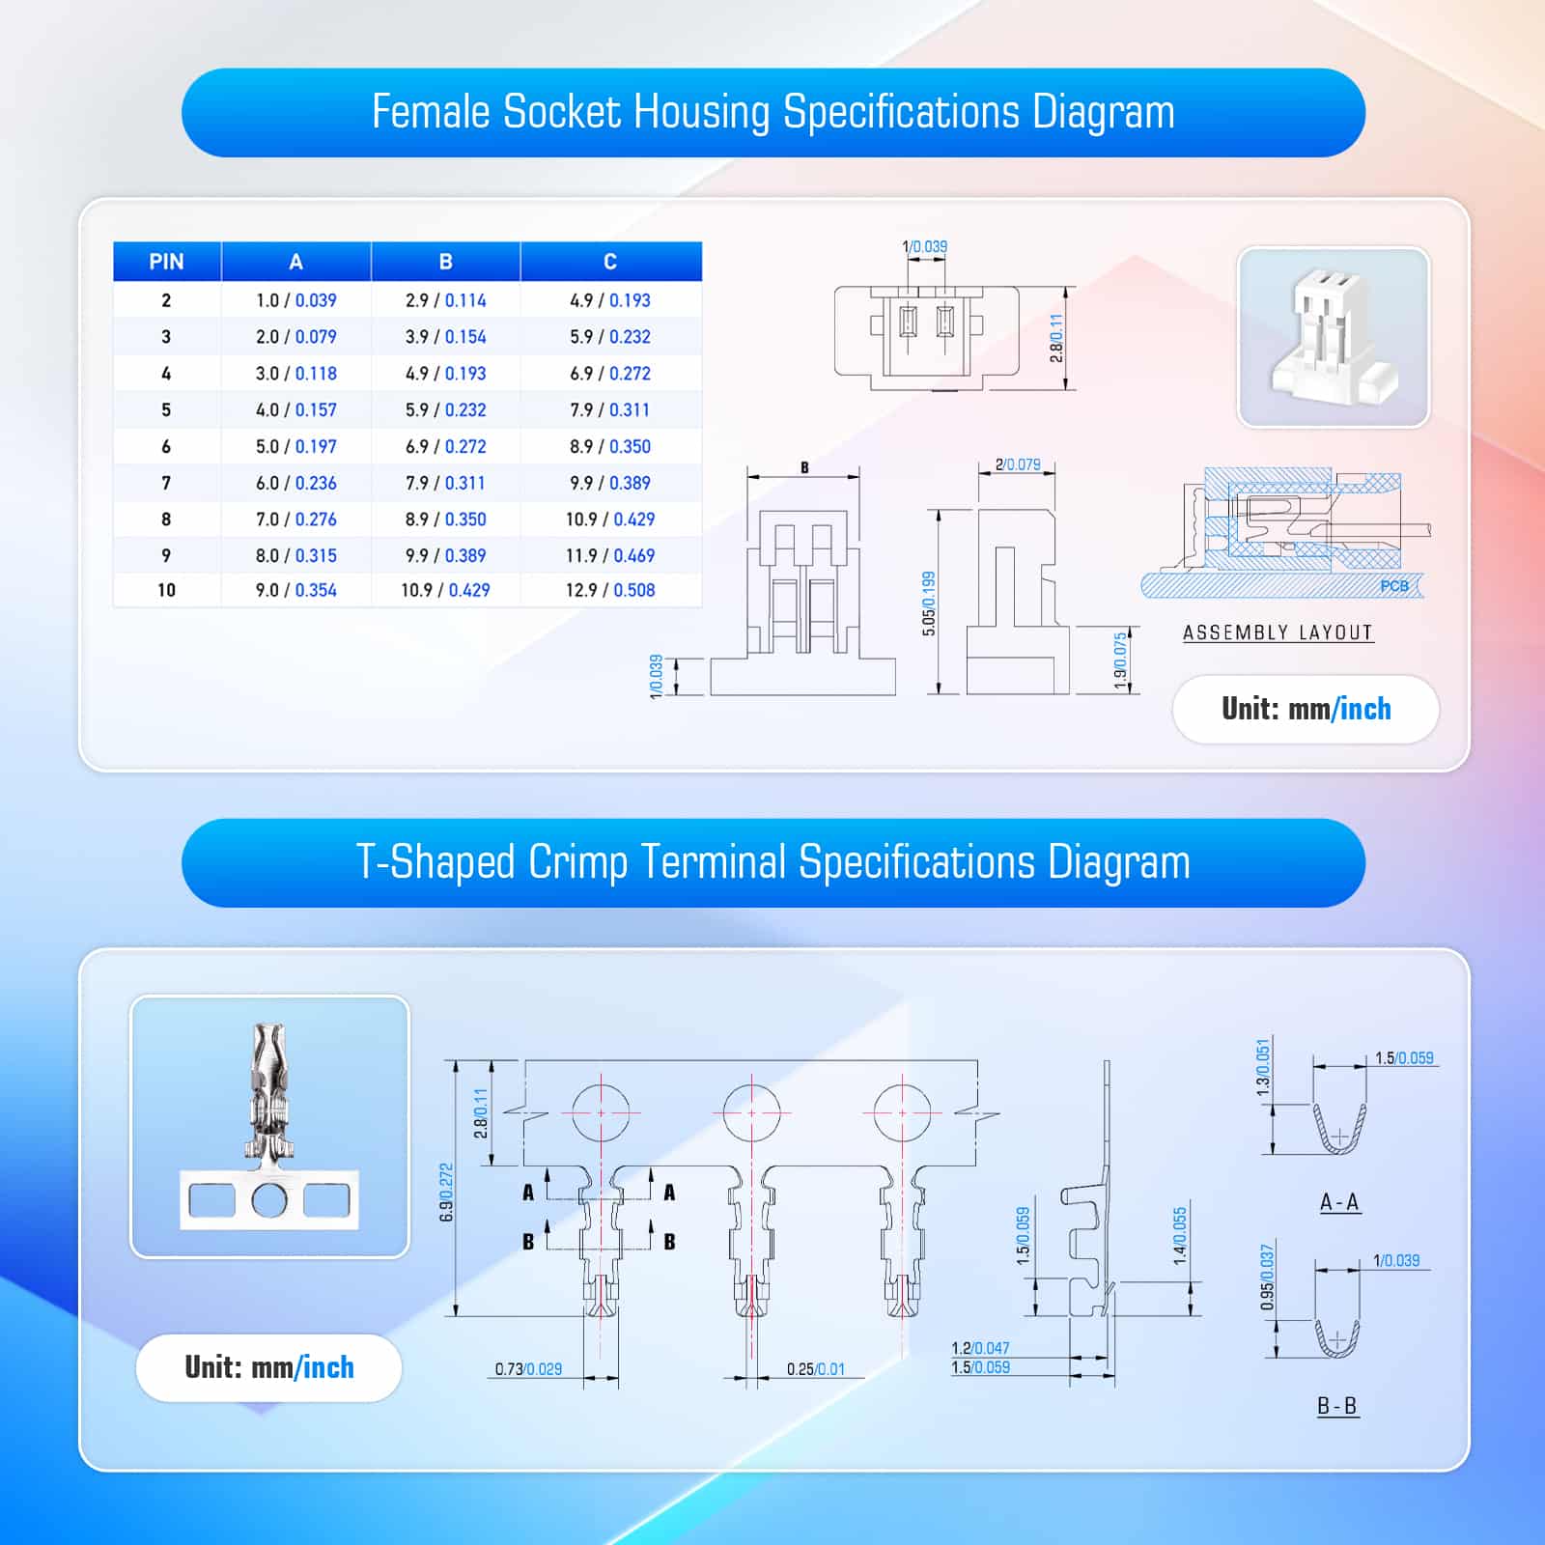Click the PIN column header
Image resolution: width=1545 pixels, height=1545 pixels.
(x=166, y=262)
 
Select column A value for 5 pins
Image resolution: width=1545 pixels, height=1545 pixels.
(x=296, y=410)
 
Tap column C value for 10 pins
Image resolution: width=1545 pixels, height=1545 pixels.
(x=610, y=590)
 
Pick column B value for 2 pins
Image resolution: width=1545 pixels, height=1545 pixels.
(x=446, y=300)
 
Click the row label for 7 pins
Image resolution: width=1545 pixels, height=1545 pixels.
(x=166, y=483)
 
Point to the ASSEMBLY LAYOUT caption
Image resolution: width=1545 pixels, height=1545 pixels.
(x=1278, y=632)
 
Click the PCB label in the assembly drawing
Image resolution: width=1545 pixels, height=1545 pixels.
(x=1394, y=586)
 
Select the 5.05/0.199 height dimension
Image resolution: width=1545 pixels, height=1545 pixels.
(x=929, y=604)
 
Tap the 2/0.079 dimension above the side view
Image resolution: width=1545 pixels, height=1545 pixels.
(x=1018, y=464)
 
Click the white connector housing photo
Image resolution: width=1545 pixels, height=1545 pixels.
(x=1334, y=337)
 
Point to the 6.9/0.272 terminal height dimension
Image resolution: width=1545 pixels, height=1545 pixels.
(x=446, y=1193)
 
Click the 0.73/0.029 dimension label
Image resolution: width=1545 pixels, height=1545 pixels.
(x=528, y=1369)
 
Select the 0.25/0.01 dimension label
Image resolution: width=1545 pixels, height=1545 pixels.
(x=816, y=1369)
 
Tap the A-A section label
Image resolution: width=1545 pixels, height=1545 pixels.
(x=1339, y=1202)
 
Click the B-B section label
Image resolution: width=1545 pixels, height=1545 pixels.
(x=1337, y=1406)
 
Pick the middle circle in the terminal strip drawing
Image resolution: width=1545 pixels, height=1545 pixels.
(x=751, y=1112)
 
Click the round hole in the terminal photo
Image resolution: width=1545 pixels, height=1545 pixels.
(x=269, y=1200)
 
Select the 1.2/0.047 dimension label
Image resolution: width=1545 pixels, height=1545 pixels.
(x=980, y=1348)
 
